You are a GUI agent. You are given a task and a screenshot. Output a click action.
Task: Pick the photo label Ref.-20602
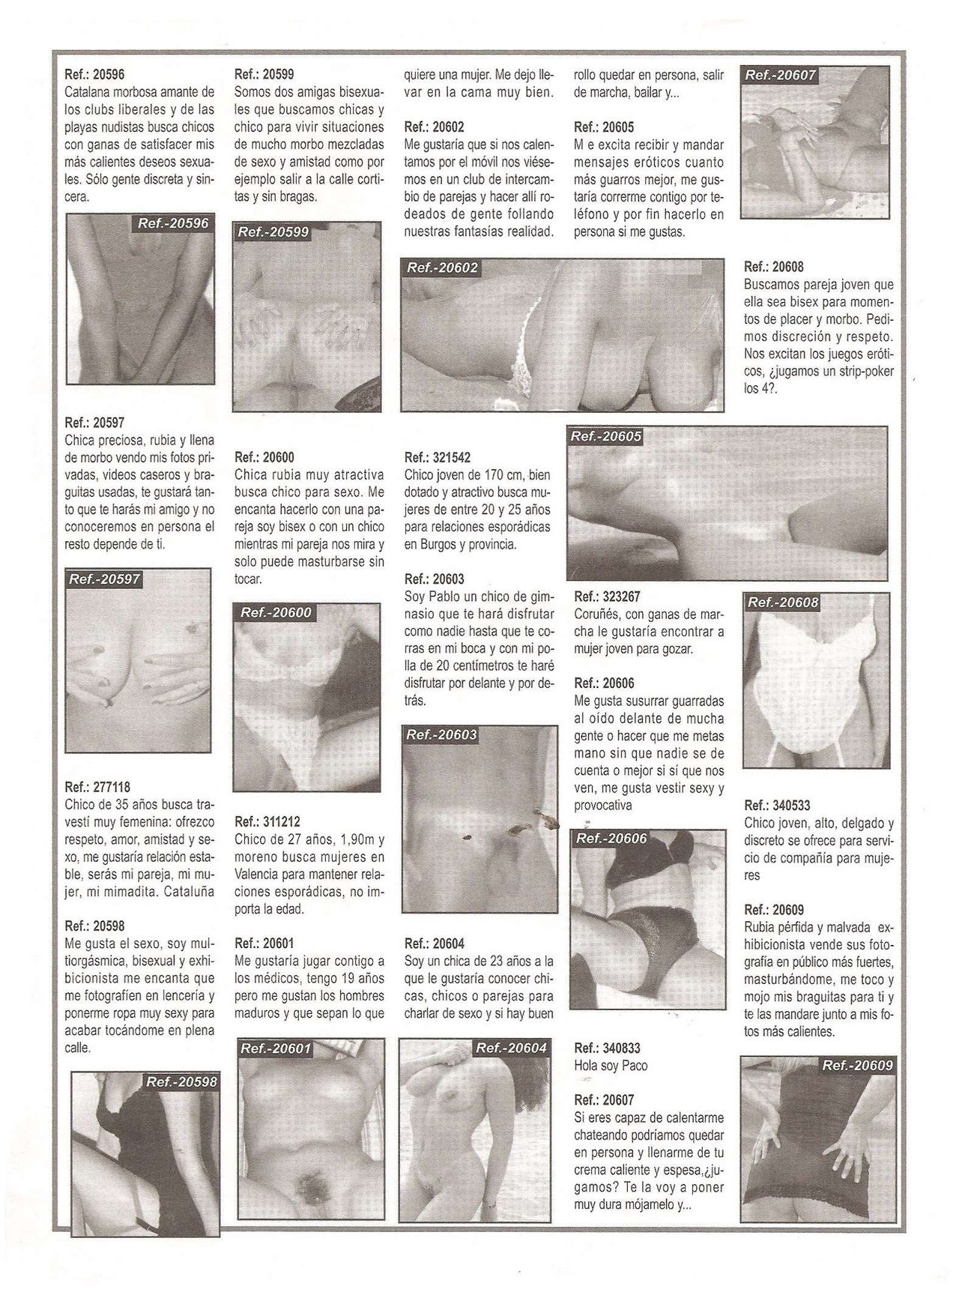(441, 268)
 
